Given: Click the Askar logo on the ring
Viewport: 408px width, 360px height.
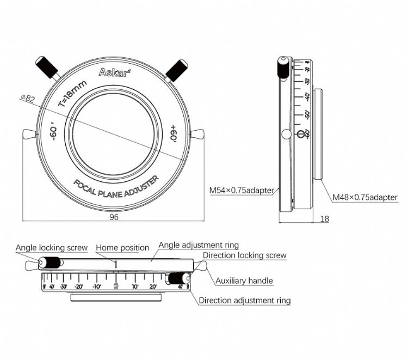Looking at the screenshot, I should point(114,73).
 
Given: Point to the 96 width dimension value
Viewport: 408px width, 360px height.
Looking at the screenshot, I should point(114,216).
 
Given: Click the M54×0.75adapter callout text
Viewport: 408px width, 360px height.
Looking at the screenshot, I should point(243,191).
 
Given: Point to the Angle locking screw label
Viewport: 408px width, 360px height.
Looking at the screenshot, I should point(52,248).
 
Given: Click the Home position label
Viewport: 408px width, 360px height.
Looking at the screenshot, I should point(122,248).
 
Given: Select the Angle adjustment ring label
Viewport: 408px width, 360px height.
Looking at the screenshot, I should point(199,246).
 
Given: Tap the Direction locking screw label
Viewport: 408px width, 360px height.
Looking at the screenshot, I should point(244,255).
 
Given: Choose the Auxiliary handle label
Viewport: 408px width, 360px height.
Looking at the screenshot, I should point(244,281).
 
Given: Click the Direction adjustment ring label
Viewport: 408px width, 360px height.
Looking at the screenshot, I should point(245,300).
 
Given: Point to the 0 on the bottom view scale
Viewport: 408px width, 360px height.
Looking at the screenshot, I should point(115,286).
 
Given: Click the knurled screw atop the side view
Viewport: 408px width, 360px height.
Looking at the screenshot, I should point(283,68).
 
